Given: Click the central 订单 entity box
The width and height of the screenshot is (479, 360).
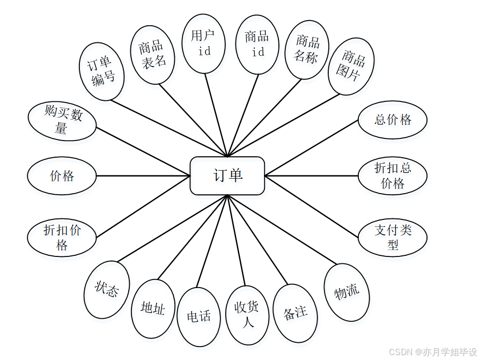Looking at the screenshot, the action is [x=227, y=175].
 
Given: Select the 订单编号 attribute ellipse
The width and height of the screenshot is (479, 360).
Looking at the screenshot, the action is [x=102, y=72].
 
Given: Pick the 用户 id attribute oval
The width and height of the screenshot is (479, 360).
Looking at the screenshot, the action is [x=203, y=43].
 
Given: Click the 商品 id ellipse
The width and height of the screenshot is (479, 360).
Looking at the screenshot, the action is [x=257, y=44].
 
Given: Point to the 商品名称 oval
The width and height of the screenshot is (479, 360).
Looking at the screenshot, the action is [x=306, y=49].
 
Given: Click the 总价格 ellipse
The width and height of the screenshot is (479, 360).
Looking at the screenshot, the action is [x=393, y=120].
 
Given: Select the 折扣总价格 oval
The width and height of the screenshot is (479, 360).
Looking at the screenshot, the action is [x=393, y=175].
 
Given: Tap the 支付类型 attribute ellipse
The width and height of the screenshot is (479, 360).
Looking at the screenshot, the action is [x=393, y=237].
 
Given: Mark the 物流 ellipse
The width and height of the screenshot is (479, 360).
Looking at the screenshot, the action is [x=347, y=292].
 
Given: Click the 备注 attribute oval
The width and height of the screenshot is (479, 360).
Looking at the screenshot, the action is [x=295, y=313].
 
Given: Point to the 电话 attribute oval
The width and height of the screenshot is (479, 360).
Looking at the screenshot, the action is [x=198, y=317].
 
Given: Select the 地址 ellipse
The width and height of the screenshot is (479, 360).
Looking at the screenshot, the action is [x=153, y=308].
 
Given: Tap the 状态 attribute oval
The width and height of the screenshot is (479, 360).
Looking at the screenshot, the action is [x=107, y=290].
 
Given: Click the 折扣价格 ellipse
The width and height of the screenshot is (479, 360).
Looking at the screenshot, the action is [x=62, y=238].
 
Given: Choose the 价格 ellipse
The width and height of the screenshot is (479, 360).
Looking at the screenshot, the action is [x=62, y=175].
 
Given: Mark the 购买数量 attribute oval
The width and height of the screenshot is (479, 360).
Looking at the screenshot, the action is [x=62, y=120].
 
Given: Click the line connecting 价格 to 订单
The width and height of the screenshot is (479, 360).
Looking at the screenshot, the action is [x=143, y=175].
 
